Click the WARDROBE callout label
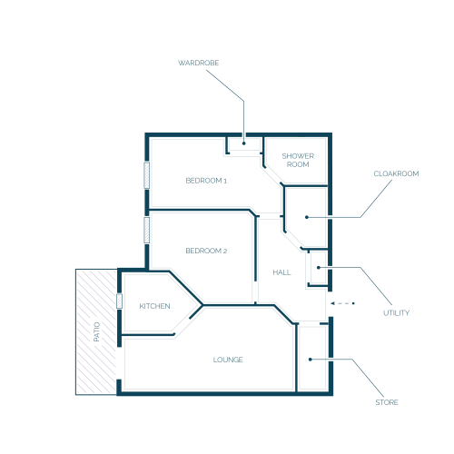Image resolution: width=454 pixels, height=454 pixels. (x=198, y=63)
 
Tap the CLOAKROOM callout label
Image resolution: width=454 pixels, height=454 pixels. (x=396, y=173)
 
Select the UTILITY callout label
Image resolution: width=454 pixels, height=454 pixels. (x=396, y=313)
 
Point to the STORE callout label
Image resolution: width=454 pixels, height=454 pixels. (x=387, y=402)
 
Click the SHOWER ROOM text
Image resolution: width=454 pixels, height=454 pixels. (x=298, y=160)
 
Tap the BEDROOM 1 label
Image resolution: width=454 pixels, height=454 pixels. (x=206, y=181)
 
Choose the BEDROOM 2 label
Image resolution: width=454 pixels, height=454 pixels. (x=206, y=251)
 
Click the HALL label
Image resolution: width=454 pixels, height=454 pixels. (x=281, y=272)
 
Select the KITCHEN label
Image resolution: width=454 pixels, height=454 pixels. (x=154, y=306)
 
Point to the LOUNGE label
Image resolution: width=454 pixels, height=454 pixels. (x=228, y=360)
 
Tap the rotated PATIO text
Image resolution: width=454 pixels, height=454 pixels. (x=96, y=331)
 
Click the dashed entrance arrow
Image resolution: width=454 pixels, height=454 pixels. (x=342, y=303)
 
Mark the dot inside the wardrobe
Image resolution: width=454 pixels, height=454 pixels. (x=243, y=143)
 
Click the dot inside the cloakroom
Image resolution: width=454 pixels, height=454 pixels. (x=307, y=217)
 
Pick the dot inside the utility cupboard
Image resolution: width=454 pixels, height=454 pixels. (x=319, y=268)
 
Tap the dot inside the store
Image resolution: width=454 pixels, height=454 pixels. (x=310, y=360)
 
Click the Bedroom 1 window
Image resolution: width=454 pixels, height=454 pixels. (x=147, y=175)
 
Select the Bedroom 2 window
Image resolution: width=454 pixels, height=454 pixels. (x=147, y=230)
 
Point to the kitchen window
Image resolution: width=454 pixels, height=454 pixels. (x=119, y=301)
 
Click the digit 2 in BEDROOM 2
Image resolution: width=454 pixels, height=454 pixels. (x=225, y=251)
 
